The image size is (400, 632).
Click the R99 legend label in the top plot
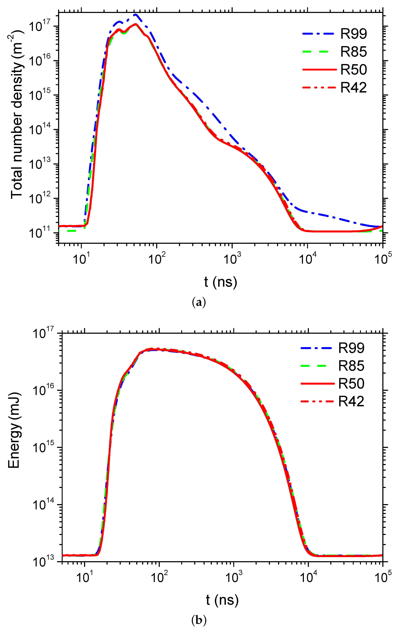click(354, 34)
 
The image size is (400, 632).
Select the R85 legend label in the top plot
click(354, 52)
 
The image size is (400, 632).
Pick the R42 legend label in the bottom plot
click(351, 401)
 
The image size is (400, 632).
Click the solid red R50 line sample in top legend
click(319, 70)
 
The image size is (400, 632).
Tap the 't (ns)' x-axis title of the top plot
click(220, 282)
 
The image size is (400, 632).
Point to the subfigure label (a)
click(199, 303)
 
